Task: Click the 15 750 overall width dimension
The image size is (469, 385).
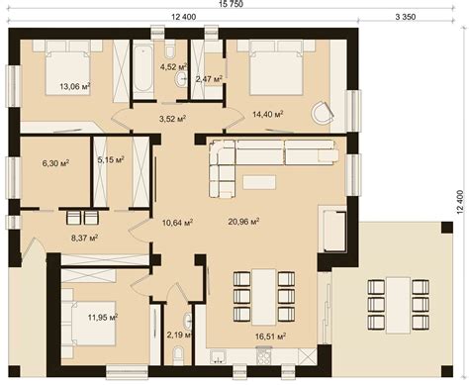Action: coord(231,4)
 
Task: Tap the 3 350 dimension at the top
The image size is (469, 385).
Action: coord(406,17)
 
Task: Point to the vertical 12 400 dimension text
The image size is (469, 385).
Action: coord(461,202)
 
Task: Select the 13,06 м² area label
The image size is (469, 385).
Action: coord(75,86)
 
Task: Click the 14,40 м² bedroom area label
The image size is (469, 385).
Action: coord(268,114)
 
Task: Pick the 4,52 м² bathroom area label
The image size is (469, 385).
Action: coord(174,67)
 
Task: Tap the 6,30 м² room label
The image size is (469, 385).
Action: coord(55,162)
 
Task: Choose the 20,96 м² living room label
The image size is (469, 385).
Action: coord(243,221)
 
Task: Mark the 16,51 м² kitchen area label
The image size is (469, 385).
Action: coord(270,337)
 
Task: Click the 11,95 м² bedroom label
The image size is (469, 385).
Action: coord(103,318)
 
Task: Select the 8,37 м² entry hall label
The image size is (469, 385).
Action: coord(84,238)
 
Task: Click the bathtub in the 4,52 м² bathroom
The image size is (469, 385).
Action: coord(143,69)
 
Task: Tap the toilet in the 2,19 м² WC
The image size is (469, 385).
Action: coord(178,355)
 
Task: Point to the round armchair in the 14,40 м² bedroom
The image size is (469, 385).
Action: coord(323,113)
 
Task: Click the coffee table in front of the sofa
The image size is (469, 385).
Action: coord(259,182)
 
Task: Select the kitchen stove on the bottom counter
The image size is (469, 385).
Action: coord(263,355)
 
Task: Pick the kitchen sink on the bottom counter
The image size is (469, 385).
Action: coord(219,356)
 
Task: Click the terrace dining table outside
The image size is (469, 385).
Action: coord(399,305)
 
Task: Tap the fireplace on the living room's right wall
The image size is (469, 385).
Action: coord(332,229)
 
